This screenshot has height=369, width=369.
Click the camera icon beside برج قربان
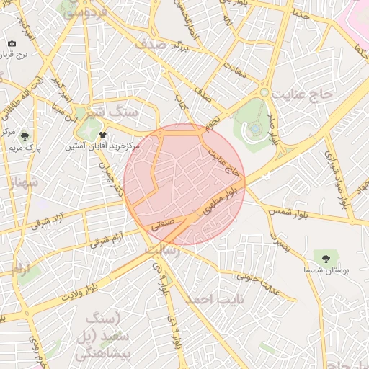11,45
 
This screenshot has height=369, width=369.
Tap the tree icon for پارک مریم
25,135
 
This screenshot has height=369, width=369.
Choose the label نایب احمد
215,298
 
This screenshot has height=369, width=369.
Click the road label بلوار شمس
289,211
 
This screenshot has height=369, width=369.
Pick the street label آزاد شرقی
50,221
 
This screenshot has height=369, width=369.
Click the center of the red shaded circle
184,184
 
